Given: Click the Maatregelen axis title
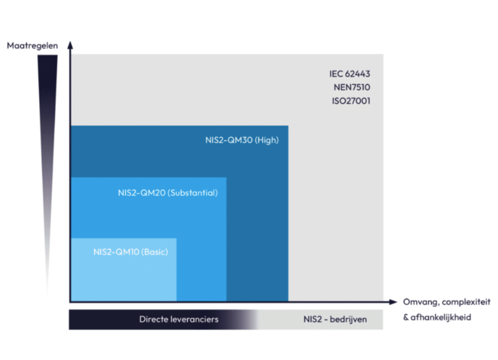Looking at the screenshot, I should coord(32,46).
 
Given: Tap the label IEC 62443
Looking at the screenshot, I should coord(350,74).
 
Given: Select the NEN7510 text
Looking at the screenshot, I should coord(352,87).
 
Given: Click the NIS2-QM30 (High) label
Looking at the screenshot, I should coord(242,140).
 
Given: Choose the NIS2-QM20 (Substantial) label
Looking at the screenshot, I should coord(168,193).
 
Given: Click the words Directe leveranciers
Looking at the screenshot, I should coord(179,319).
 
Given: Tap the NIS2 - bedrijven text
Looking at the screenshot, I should coord(335,319).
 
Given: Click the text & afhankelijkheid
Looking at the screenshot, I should coord(437,318).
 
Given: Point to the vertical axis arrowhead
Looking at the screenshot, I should coord(70,45).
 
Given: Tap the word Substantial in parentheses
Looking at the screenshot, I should coord(193,193).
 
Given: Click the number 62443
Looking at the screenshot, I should coord(357,74).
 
